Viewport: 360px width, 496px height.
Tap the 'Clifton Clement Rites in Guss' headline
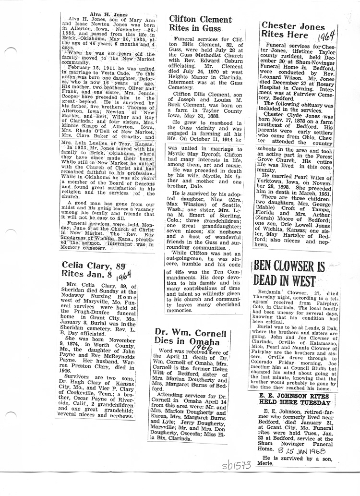click(201, 24)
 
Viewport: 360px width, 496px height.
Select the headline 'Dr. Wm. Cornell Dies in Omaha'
click(197, 338)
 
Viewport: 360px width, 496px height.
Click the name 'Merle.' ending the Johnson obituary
click(270, 464)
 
